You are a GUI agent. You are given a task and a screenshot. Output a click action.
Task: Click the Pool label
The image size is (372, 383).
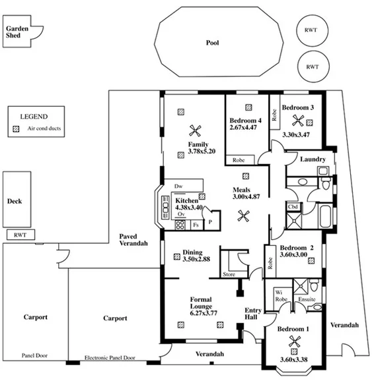(211, 43)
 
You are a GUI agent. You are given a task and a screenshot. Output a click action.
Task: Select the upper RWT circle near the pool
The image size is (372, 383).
(311, 31)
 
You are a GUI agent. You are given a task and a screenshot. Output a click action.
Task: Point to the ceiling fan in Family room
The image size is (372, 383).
(194, 130)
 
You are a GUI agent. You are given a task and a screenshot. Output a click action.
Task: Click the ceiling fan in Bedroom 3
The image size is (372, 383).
(299, 120)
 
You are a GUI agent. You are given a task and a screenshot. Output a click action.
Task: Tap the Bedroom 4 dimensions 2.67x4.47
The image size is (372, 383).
(245, 127)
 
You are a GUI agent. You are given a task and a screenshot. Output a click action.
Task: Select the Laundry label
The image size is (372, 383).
(311, 160)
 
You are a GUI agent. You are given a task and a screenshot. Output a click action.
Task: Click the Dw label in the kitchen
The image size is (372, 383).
(178, 187)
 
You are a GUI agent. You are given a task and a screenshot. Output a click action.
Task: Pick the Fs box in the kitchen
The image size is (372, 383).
(196, 225)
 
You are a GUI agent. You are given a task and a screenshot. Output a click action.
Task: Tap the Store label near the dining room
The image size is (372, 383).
(229, 274)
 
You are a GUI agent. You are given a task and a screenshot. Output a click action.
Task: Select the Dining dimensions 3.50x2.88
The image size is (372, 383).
(196, 259)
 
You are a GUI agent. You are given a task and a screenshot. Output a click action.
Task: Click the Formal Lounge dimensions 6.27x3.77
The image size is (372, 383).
(203, 314)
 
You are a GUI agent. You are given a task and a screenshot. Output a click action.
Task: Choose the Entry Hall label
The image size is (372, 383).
(253, 314)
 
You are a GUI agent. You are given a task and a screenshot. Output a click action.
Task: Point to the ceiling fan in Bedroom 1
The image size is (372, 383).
(293, 341)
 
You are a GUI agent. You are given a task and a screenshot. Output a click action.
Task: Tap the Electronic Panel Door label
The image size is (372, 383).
(110, 358)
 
